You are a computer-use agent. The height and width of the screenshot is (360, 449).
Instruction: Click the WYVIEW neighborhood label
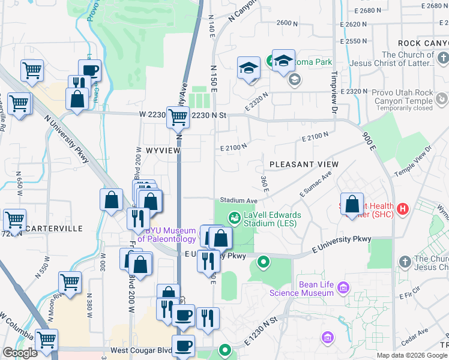coord(163,151)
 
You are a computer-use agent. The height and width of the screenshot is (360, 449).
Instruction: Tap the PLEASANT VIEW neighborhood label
coord(304,164)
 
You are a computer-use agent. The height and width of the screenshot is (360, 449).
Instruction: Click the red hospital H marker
coord(403,209)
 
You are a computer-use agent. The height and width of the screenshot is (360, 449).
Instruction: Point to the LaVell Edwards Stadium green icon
coord(234,217)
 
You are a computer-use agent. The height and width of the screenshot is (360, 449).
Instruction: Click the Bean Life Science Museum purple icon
coord(343,289)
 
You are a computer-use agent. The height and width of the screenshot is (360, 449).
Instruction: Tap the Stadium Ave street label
coord(238,200)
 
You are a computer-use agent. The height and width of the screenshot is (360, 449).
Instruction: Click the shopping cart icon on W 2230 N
coord(178,118)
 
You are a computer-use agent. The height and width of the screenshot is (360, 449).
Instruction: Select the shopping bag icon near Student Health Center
coord(352,203)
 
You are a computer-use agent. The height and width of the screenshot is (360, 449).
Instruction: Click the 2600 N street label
coord(288,23)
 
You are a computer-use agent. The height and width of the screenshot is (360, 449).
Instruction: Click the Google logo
coord(20,353)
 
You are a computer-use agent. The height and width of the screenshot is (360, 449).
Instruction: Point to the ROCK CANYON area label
coord(423,43)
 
